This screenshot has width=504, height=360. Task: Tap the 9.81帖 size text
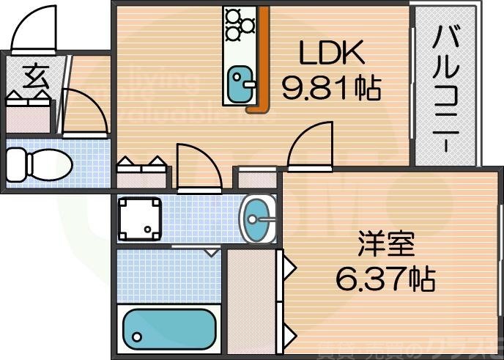[x=331, y=88]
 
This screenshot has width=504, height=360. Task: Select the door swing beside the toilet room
[x=82, y=114]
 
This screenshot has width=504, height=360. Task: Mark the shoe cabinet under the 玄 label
[x=30, y=114]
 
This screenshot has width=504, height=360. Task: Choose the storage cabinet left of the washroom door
[x=143, y=175]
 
